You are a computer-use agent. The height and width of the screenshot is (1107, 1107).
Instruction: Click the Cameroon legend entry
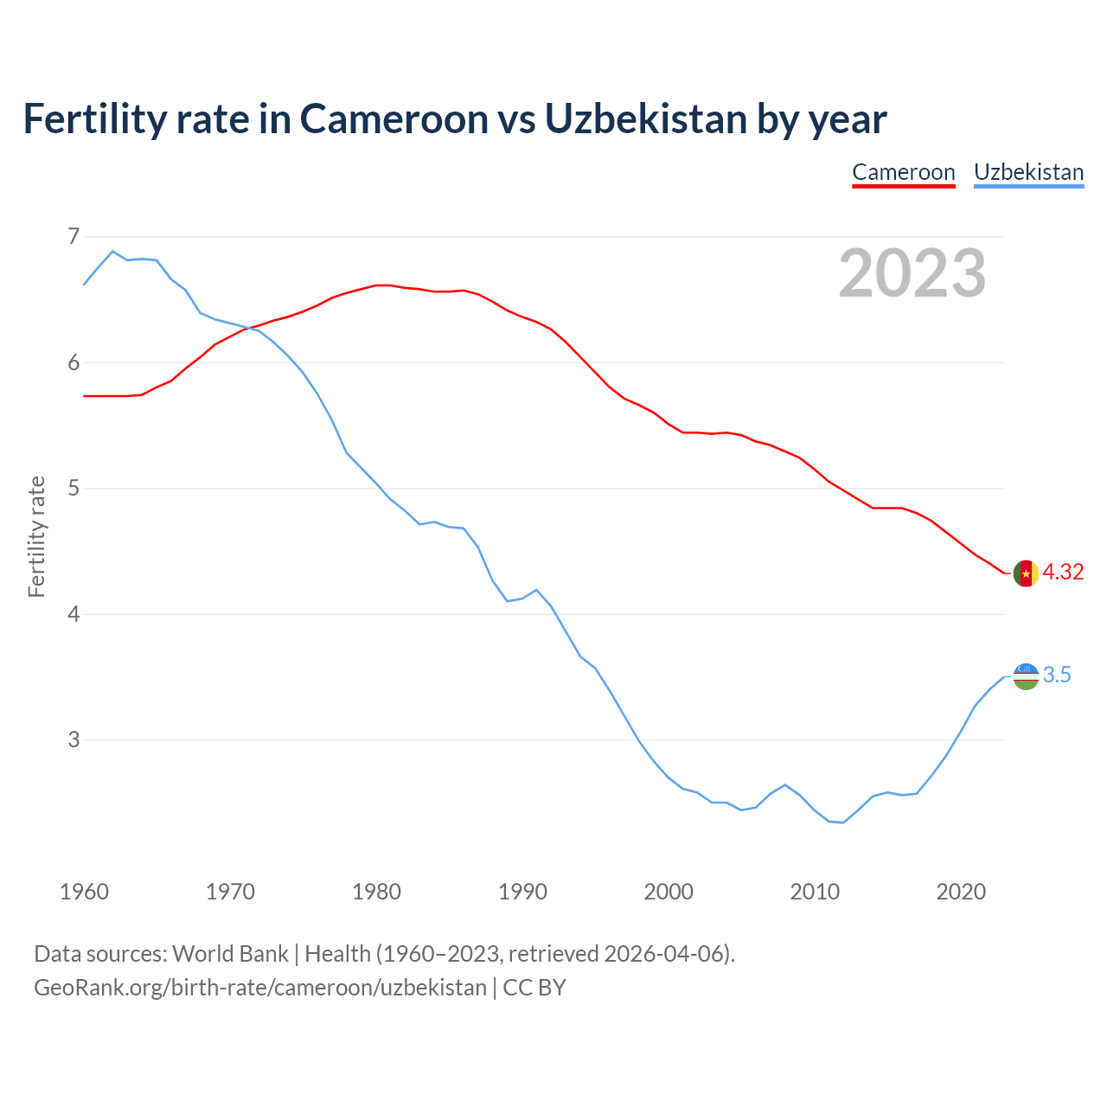click(x=904, y=172)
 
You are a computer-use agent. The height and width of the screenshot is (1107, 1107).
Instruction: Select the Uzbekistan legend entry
click(x=1028, y=172)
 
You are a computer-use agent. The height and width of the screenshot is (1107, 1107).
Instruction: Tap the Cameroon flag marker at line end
click(x=1026, y=573)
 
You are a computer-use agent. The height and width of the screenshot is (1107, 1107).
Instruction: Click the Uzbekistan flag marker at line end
click(x=1026, y=676)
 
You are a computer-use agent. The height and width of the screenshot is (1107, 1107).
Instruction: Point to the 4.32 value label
click(x=1063, y=573)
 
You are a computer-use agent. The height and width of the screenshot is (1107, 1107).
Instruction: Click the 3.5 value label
click(x=1057, y=675)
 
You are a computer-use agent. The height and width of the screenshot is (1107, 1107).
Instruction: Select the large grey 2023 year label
click(x=912, y=273)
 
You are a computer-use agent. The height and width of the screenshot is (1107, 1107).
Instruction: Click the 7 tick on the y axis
click(x=74, y=236)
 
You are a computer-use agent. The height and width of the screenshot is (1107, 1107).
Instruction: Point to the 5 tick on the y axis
click(x=74, y=488)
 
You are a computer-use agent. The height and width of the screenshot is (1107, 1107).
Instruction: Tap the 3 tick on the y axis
click(x=74, y=739)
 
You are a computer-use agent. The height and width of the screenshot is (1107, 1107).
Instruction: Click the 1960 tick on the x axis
click(x=84, y=892)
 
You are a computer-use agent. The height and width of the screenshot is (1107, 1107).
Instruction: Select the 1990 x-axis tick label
click(x=522, y=892)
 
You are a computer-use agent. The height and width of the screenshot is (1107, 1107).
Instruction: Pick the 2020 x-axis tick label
click(x=961, y=892)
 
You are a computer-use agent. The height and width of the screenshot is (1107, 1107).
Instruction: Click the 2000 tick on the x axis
click(x=669, y=892)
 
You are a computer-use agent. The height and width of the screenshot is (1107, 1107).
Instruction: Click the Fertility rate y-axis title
click(x=36, y=536)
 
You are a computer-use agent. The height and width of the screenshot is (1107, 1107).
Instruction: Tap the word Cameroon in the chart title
click(x=394, y=118)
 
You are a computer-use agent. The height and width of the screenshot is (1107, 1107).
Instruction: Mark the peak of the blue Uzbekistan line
click(x=112, y=251)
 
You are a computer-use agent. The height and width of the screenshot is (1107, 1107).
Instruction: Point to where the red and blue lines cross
click(x=248, y=327)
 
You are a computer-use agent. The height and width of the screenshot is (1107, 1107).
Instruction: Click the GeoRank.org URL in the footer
click(x=260, y=988)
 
